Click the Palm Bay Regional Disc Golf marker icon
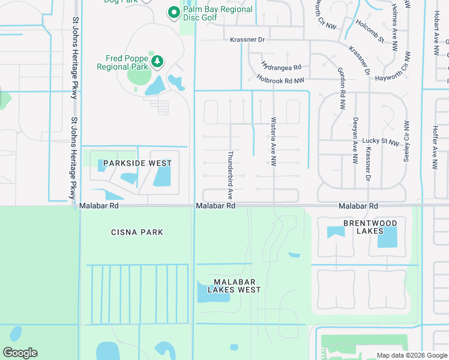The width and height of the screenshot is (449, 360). (173, 12)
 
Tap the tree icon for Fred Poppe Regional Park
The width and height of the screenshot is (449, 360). (157, 61)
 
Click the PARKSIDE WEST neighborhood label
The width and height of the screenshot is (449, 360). (137, 163)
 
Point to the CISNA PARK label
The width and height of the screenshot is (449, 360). (137, 232)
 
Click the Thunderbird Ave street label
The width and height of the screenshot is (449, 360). (229, 175)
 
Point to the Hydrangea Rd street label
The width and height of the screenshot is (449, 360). (280, 67)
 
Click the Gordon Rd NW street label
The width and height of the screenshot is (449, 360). (342, 82)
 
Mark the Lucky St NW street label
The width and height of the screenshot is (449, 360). (382, 141)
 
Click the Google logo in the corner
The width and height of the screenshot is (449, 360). (20, 353)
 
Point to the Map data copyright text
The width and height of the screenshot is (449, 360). (412, 355)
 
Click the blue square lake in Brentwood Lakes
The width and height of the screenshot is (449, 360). (387, 238)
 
